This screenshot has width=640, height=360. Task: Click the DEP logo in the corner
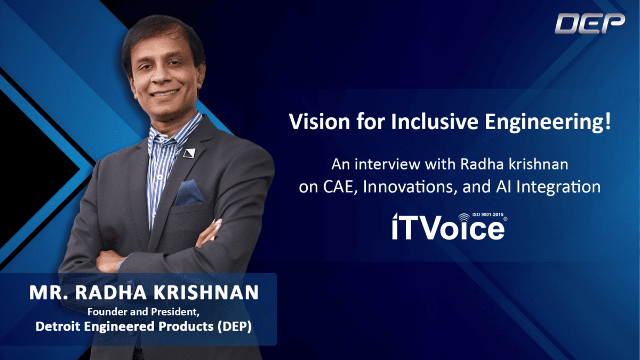[x=590, y=23]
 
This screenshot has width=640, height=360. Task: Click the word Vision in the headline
[x=319, y=122]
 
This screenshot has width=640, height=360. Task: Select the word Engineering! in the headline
[x=548, y=122]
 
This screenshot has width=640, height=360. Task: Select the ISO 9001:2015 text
[x=488, y=214]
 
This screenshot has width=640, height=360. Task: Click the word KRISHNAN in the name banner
[x=206, y=292]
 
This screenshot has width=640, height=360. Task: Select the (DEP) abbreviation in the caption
[x=235, y=327]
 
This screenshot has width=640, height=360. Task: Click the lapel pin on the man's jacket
[x=189, y=153]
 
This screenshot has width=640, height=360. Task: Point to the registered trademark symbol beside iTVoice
[x=506, y=219]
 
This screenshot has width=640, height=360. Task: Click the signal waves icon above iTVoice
[x=464, y=217]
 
